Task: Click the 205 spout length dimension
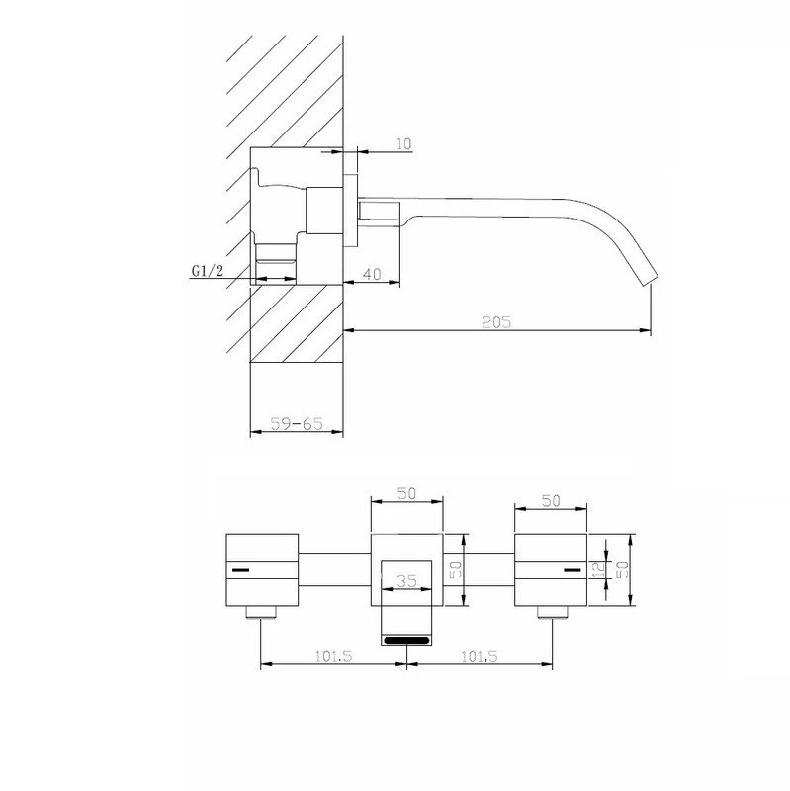496,322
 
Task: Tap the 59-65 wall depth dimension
297,423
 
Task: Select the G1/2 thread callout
207,271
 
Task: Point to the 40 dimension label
372,274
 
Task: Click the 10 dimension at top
403,144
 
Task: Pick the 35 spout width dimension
406,581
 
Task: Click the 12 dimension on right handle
598,570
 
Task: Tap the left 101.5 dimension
333,657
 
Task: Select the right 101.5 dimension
480,657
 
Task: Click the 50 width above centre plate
406,493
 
